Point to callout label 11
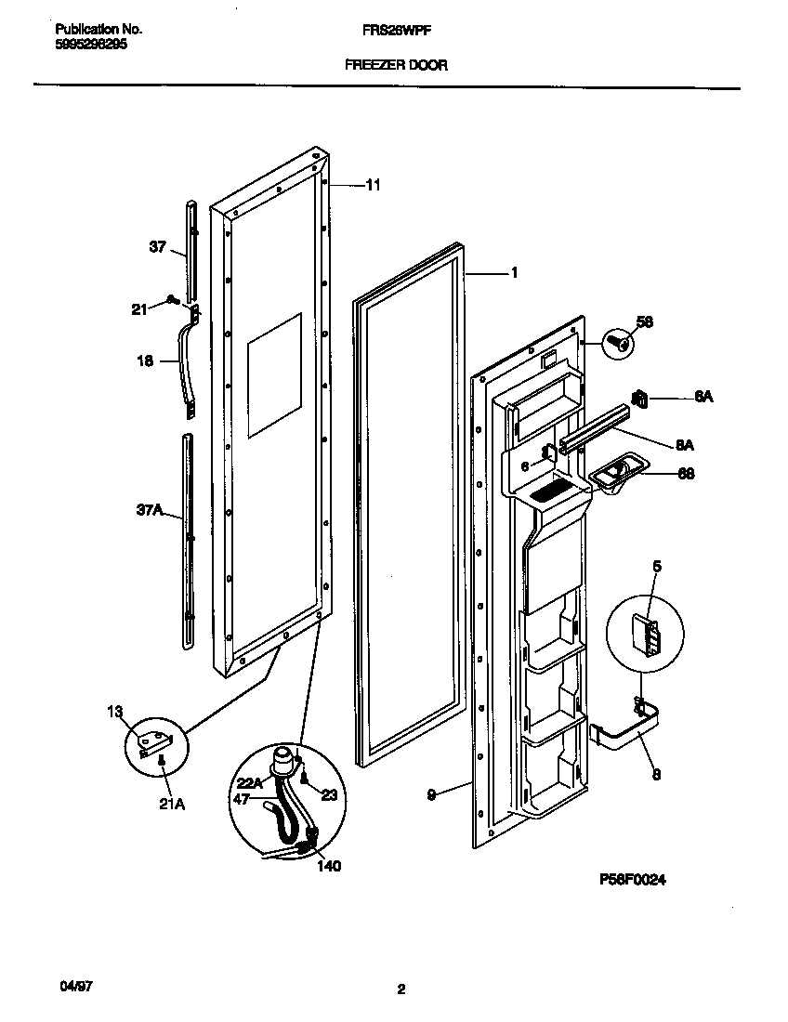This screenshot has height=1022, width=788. tap(373, 186)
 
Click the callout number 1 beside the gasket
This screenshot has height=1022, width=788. tap(513, 273)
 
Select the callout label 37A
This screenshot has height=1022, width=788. tap(150, 509)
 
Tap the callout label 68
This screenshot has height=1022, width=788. tap(686, 474)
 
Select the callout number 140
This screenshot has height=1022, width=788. tap(328, 866)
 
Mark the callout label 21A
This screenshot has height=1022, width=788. tap(172, 805)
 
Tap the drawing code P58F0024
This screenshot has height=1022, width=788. tap(632, 879)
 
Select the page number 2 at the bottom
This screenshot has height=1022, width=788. tap(401, 989)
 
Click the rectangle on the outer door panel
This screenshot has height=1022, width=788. tap(274, 375)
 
